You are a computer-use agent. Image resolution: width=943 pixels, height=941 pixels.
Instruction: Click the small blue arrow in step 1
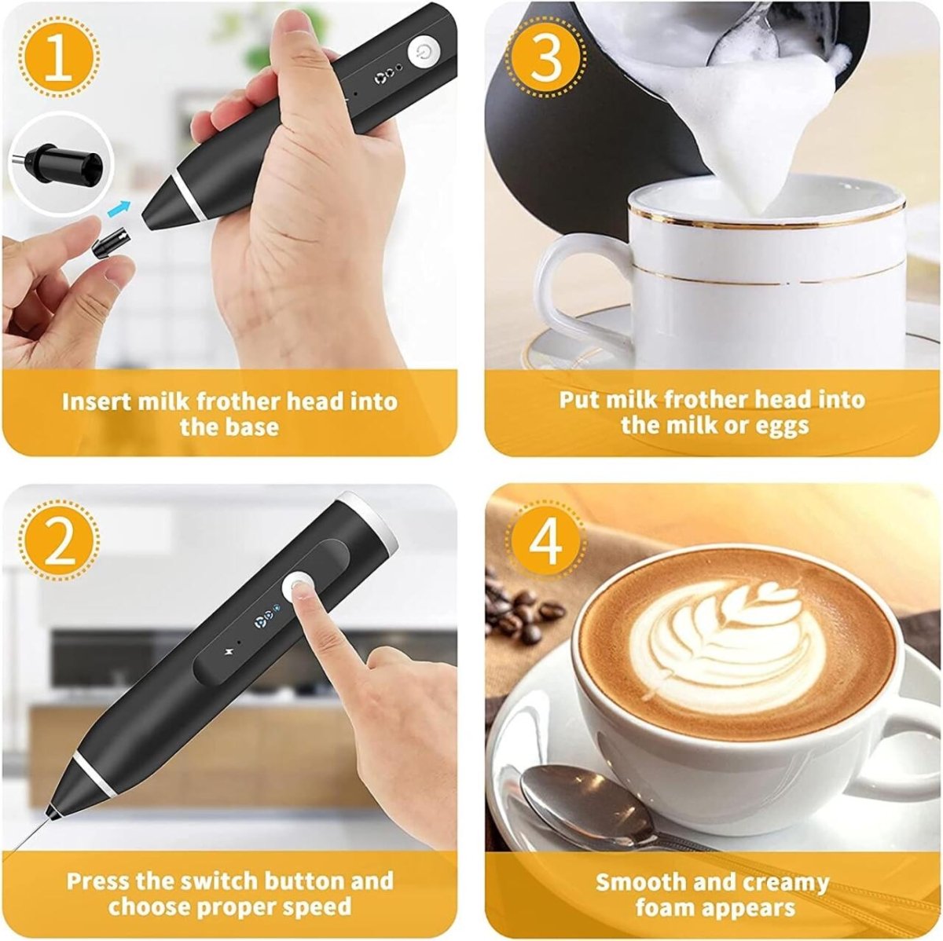point(119,207)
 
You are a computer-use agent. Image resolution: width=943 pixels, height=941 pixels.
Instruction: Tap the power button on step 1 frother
point(424,53)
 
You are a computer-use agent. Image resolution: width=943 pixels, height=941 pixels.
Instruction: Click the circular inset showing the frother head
point(61,163)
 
